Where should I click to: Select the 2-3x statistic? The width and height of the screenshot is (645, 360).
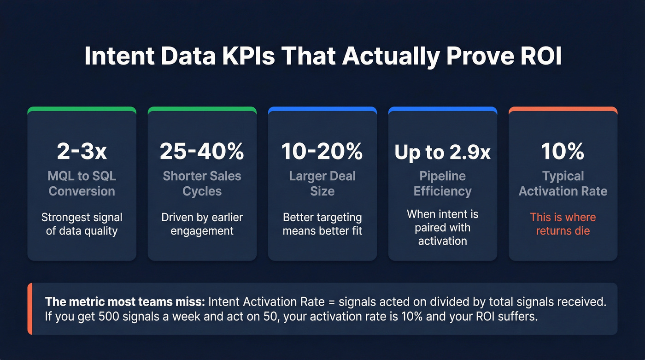82,151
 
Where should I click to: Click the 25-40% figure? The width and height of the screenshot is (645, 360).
202,151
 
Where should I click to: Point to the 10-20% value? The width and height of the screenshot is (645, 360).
322,151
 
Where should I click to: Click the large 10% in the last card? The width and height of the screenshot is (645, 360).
563,151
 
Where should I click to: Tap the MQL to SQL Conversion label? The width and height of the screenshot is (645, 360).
82,183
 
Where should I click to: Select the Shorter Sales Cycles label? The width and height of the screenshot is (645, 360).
202,183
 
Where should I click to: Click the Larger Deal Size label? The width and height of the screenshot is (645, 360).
322,183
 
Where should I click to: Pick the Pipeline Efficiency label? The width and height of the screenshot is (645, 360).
442,183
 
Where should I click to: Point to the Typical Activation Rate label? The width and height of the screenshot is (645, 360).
563,183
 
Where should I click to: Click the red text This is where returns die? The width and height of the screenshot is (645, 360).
563,224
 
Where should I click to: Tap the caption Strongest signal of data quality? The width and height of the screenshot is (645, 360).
82,224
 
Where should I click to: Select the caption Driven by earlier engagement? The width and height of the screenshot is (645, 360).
202,224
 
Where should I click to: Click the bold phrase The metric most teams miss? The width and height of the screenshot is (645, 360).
125,302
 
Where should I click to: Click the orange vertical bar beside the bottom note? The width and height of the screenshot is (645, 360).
30,309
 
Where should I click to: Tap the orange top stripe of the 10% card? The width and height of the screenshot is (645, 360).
563,110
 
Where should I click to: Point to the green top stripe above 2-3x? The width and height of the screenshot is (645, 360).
82,110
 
